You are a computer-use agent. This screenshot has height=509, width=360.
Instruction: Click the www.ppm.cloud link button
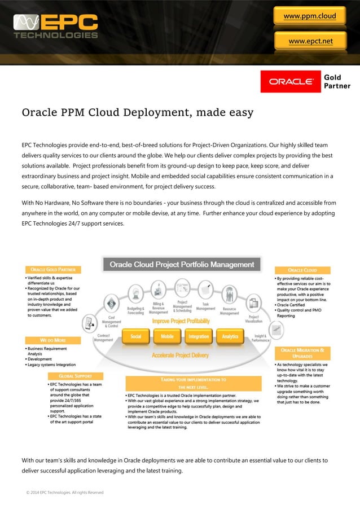(x=309, y=16)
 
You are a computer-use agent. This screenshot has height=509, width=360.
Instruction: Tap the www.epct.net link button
(x=310, y=41)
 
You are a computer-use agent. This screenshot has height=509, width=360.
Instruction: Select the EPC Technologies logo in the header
(x=56, y=27)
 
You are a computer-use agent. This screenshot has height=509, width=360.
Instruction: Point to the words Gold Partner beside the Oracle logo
(x=337, y=81)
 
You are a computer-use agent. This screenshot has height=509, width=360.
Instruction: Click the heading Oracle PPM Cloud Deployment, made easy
(x=137, y=113)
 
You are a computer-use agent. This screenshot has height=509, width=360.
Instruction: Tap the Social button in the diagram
(x=136, y=336)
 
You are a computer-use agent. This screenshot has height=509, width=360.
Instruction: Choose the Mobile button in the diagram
(x=167, y=336)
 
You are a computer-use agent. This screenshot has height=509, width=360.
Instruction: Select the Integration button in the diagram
(x=199, y=336)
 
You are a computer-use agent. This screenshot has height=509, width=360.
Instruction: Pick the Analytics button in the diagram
(x=230, y=336)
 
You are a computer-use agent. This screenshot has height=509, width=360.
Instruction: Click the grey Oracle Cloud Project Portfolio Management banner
(x=182, y=264)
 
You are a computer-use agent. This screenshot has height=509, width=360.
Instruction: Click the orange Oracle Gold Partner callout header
(x=54, y=270)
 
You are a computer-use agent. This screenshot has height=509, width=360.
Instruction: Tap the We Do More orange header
(x=54, y=341)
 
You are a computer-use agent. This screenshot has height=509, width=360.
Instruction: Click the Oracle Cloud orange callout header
(x=302, y=270)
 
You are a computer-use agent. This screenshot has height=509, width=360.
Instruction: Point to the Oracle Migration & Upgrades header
(x=302, y=353)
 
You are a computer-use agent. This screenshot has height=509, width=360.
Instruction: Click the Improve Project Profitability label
(x=181, y=321)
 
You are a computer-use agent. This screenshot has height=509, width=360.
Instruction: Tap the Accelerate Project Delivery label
(x=180, y=356)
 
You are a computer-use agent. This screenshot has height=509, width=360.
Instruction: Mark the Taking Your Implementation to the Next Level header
(x=194, y=384)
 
